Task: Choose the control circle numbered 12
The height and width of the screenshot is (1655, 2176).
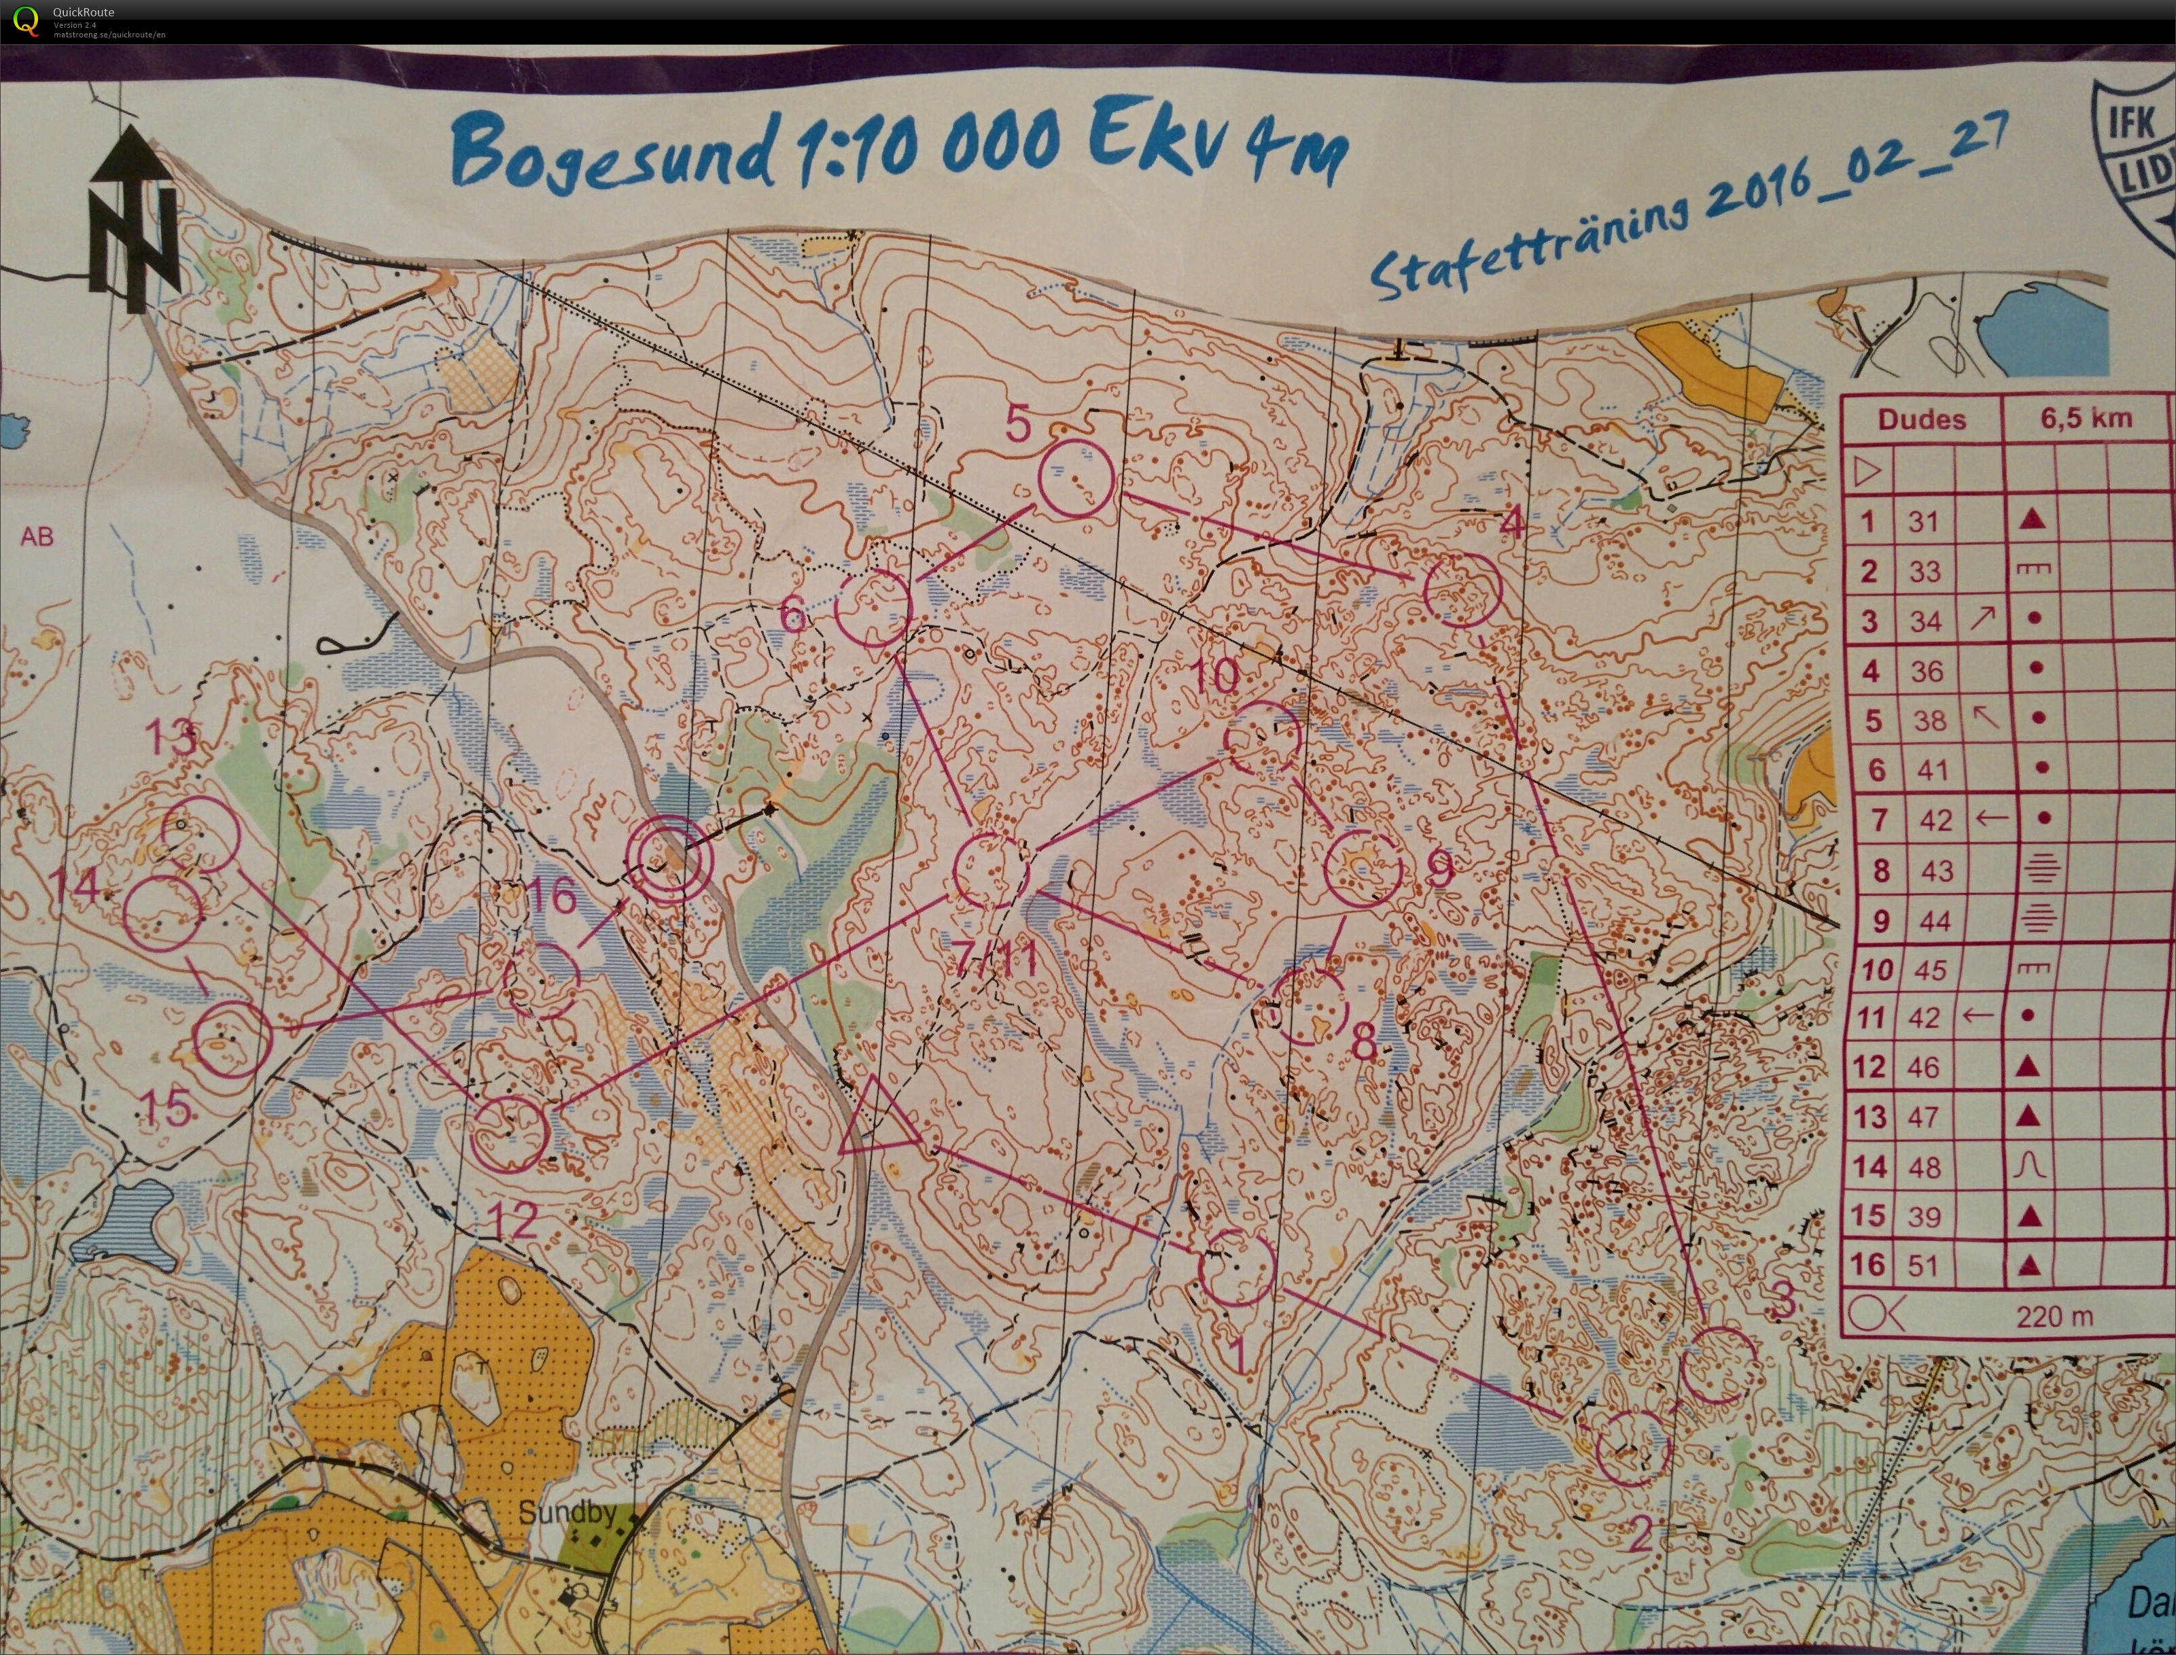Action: pyautogui.click(x=508, y=1135)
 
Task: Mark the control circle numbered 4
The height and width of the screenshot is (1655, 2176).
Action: pyautogui.click(x=1462, y=589)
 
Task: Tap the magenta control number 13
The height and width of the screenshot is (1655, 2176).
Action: pyautogui.click(x=171, y=736)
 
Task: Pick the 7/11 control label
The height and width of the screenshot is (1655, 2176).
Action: pyautogui.click(x=997, y=956)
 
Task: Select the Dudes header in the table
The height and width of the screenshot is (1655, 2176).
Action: pyautogui.click(x=1921, y=419)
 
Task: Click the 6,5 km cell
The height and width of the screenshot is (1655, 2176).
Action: pyautogui.click(x=2086, y=419)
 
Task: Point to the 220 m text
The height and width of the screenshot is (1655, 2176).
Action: pyautogui.click(x=2054, y=1316)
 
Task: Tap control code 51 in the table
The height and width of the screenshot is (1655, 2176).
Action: pyautogui.click(x=1923, y=1265)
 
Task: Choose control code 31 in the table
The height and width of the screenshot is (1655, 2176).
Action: pyautogui.click(x=1923, y=521)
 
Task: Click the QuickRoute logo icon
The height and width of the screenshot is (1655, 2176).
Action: pyautogui.click(x=27, y=20)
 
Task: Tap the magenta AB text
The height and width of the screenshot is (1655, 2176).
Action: pyautogui.click(x=37, y=537)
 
